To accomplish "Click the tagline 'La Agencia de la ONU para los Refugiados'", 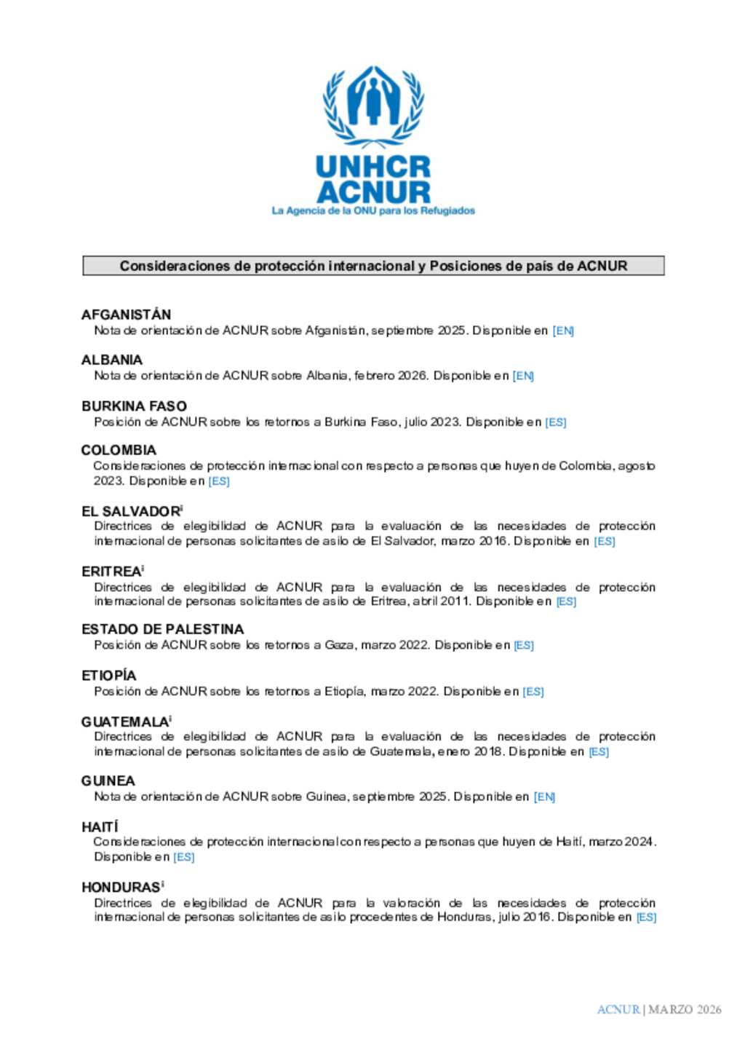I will pos(373,211).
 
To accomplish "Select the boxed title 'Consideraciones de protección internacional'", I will pos(373,266).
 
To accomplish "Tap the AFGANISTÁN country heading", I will pos(126,315).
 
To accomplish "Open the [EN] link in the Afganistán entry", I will pos(563,331).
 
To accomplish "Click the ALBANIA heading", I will pos(112,360).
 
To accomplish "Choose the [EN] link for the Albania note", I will pos(523,376).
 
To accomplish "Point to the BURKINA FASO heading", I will pos(134,406).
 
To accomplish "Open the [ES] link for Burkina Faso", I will pos(556,422).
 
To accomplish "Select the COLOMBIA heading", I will pos(119,450).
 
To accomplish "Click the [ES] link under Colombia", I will pos(219,481).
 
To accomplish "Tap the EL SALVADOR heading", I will pos(130,511).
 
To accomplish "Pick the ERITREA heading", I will pos(111,572).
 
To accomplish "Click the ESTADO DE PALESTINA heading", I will pos(162,629).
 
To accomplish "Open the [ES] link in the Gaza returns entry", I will pos(524,645).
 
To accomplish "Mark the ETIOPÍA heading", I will pos(108,675).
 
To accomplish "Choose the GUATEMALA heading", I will pos(124,722).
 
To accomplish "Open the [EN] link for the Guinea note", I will pos(544,797).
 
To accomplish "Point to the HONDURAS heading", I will pos(121,887).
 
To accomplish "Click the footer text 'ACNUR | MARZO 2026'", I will pos(658,1009).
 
